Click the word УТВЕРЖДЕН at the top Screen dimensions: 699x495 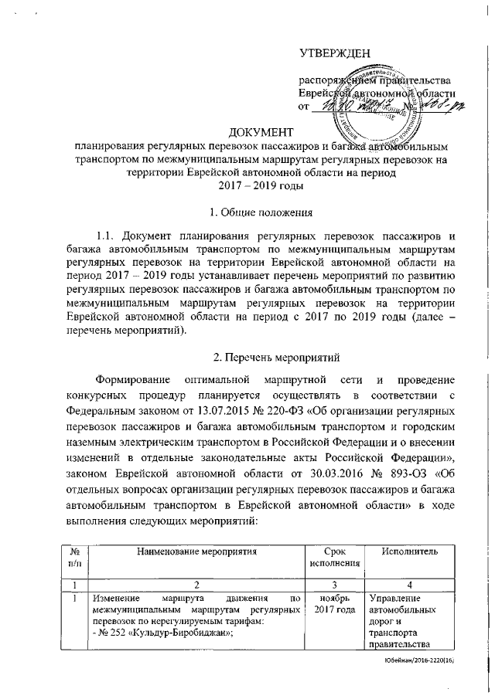(335, 53)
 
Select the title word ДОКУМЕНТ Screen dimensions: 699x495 (263, 132)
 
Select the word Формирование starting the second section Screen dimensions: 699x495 (135, 381)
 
